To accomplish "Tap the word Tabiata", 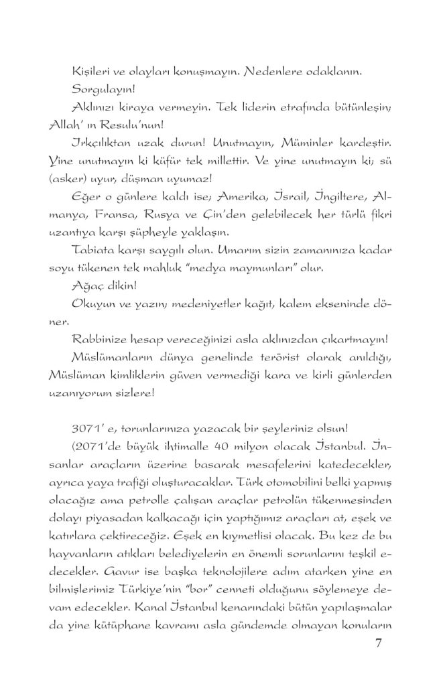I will pyautogui.click(x=93, y=250).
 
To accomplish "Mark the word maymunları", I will pyautogui.click(x=273, y=268).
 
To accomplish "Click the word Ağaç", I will pyautogui.click(x=85, y=286).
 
